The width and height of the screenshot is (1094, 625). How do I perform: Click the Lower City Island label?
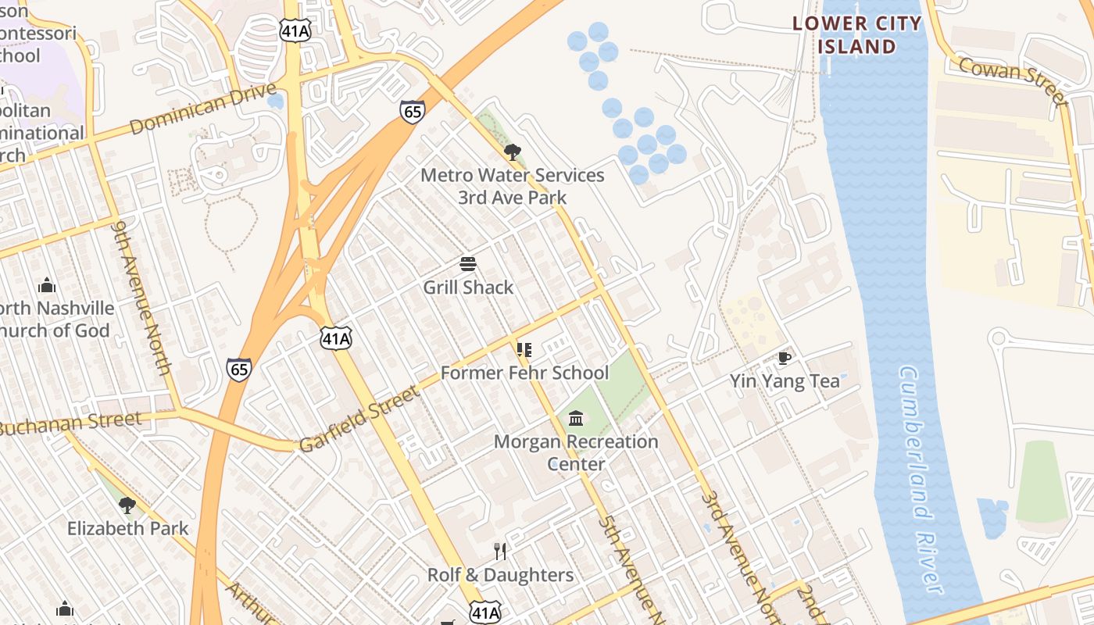[857, 35]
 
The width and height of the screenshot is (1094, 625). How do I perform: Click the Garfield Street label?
[359, 420]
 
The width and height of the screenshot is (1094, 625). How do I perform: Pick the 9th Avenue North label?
[141, 297]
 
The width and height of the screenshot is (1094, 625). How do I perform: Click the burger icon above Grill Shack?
[468, 264]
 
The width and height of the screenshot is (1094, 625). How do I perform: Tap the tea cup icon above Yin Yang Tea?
[785, 358]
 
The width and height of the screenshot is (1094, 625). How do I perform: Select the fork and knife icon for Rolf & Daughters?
[500, 552]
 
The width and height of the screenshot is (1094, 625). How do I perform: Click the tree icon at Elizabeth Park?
[127, 505]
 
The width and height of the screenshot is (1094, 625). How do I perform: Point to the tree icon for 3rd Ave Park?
[512, 152]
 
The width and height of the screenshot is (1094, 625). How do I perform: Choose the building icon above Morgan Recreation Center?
[576, 419]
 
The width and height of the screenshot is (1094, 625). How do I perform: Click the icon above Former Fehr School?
[524, 349]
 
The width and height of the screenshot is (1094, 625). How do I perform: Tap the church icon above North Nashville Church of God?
[47, 285]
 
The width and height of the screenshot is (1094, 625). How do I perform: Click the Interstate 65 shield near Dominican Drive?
[413, 111]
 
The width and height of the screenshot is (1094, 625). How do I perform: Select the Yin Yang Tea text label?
[785, 381]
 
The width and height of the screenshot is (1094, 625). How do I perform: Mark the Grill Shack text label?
[468, 287]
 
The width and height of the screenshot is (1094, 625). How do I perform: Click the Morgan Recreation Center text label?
[576, 452]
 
